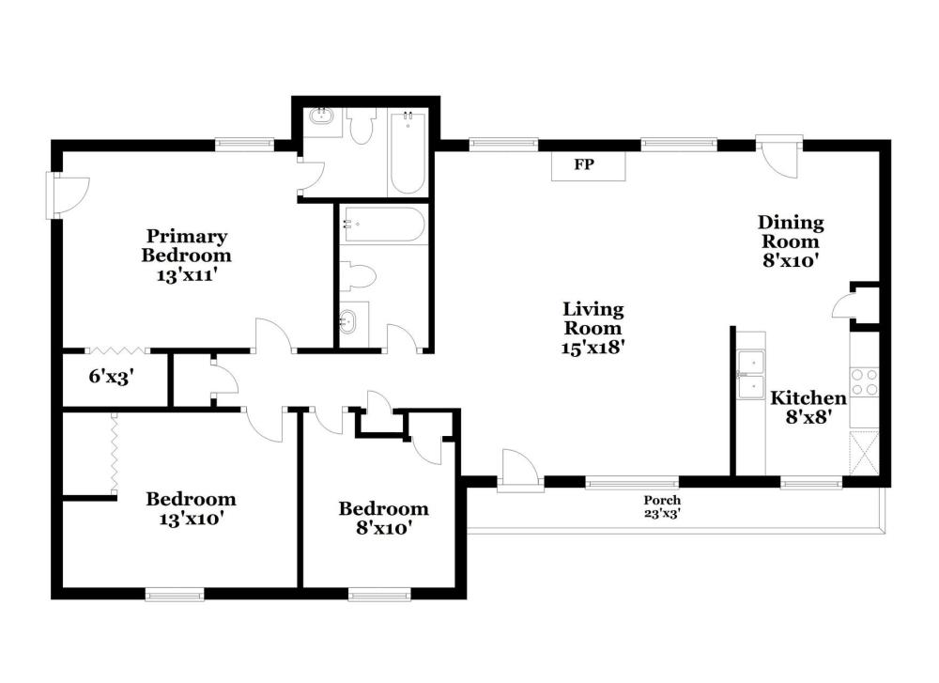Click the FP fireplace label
[x=584, y=164]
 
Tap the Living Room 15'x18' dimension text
[x=593, y=347]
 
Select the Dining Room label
[x=791, y=232]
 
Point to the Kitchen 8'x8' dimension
[x=808, y=416]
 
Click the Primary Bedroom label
[x=186, y=245]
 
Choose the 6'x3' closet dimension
[x=111, y=376]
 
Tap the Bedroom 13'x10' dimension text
[x=191, y=519]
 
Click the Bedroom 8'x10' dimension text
[x=383, y=528]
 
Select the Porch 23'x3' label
[x=662, y=506]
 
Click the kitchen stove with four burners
[x=864, y=382]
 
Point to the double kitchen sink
[x=751, y=375]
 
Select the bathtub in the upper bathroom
[x=408, y=152]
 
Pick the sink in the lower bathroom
[x=348, y=323]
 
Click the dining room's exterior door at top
[x=778, y=156]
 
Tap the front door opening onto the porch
[x=520, y=471]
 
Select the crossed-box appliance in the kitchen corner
[x=864, y=452]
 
